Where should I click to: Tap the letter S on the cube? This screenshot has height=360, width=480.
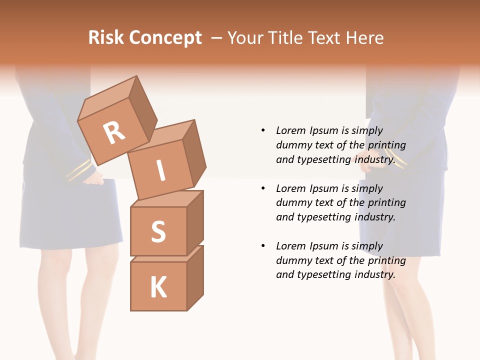click(x=158, y=231)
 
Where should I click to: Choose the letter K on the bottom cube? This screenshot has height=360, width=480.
click(x=158, y=287)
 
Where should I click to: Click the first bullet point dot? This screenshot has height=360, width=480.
click(x=263, y=130)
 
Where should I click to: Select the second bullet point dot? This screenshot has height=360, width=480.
click(x=263, y=188)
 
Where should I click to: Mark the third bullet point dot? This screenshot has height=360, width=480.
click(x=263, y=246)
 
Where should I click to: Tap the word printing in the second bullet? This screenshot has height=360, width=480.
click(x=386, y=202)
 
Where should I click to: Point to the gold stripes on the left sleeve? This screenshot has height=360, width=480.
click(x=79, y=170)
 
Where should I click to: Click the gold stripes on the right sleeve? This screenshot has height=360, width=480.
click(x=394, y=159)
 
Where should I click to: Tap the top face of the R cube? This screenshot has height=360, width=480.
click(x=107, y=96)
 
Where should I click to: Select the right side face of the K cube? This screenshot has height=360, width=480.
click(x=195, y=278)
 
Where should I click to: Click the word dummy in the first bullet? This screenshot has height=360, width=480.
click(x=292, y=145)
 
